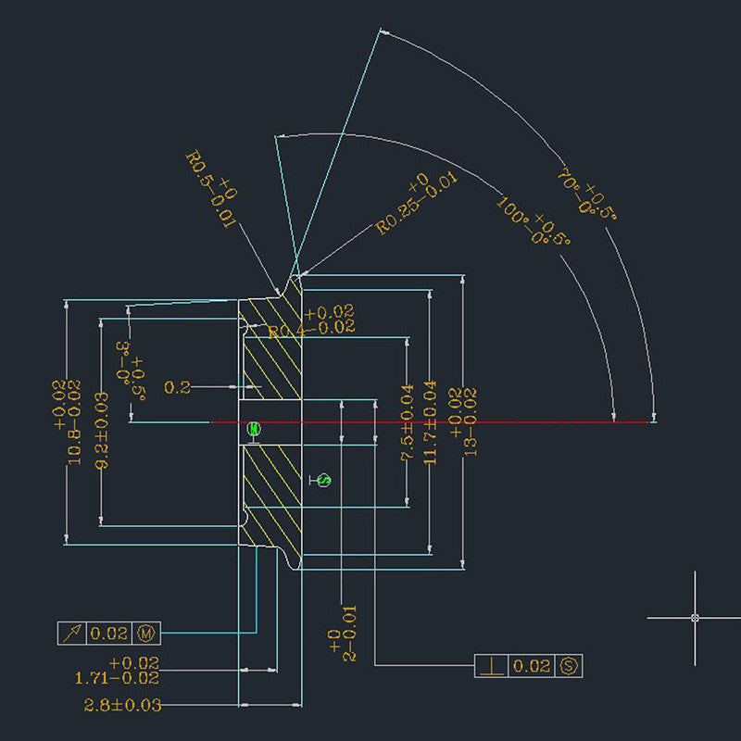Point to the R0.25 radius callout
point(417,203)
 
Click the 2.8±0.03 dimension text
point(123,705)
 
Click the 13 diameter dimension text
point(463,422)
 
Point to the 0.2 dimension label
point(177,387)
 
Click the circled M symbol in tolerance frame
point(146,634)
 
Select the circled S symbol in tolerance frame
point(569,665)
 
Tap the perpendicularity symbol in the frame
point(491,666)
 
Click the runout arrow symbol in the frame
point(72,634)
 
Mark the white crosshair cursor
point(695,617)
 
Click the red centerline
point(426,422)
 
